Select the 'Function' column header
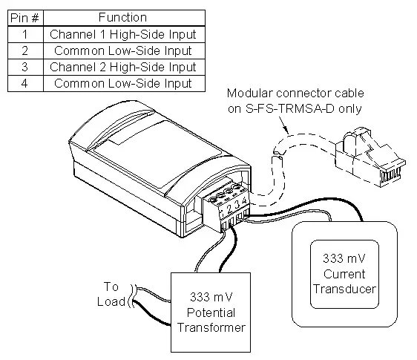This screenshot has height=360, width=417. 122,17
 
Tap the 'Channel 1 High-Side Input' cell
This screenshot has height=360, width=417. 122,34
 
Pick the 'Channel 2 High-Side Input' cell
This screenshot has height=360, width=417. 122,67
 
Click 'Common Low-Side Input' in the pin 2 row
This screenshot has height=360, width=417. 122,50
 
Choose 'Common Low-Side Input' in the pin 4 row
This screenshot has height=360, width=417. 122,83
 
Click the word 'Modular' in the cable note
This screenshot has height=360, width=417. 250,94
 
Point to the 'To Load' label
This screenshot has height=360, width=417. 111,294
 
